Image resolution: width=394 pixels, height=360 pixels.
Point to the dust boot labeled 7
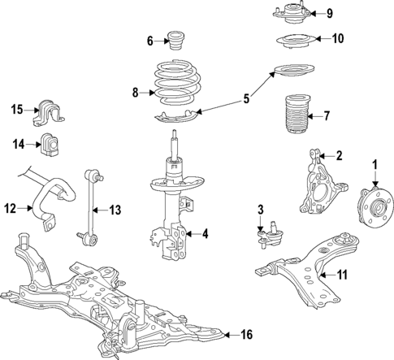[x=296, y=115]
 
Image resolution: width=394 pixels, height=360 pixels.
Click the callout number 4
[x=205, y=234]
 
